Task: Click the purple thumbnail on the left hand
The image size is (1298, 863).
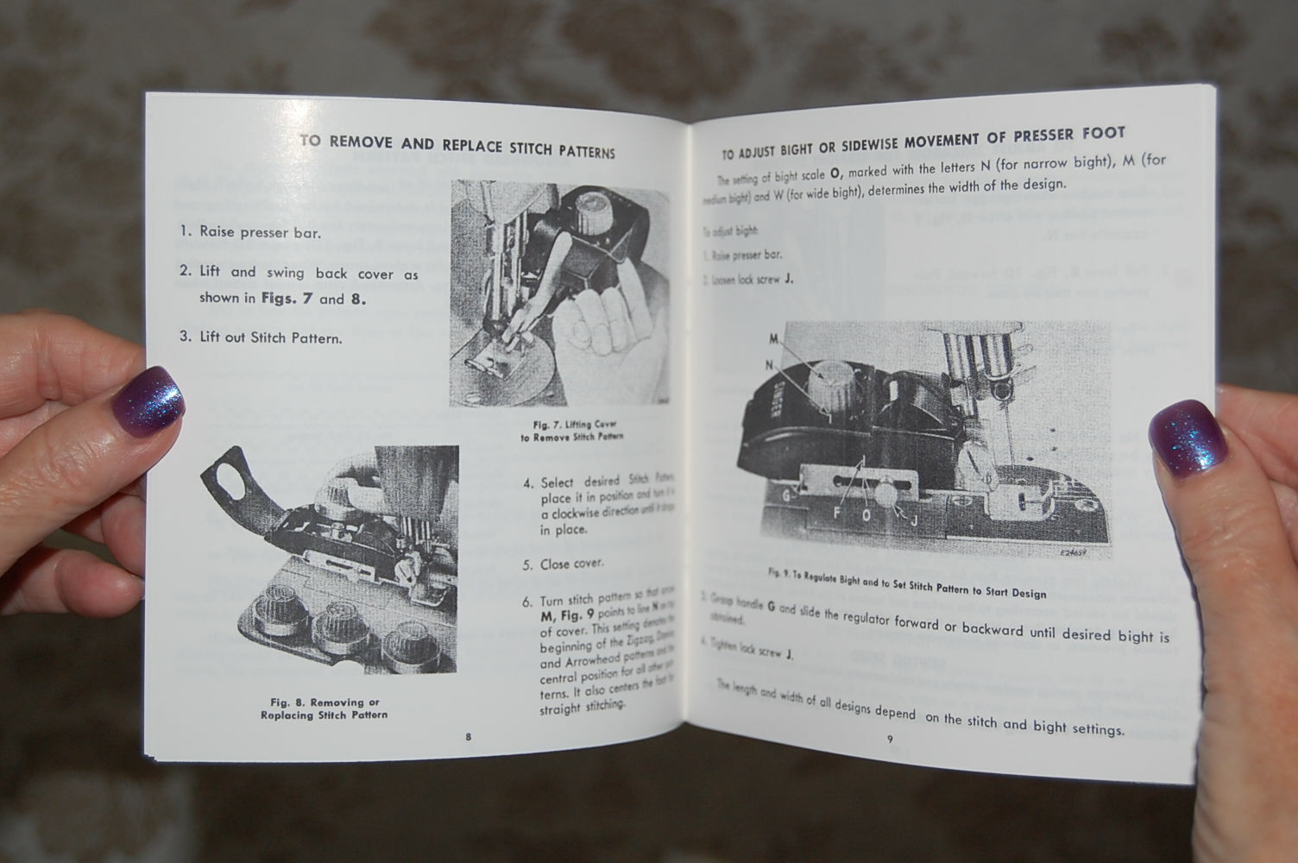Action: pyautogui.click(x=148, y=400)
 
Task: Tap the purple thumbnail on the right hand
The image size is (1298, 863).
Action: pyautogui.click(x=1188, y=438)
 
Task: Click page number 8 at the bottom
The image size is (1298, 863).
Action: pyautogui.click(x=468, y=736)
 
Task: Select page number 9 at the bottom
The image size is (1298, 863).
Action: pyautogui.click(x=890, y=739)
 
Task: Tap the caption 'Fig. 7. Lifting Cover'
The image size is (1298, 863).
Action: pyautogui.click(x=574, y=425)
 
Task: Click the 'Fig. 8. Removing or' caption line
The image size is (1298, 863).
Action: pyautogui.click(x=324, y=702)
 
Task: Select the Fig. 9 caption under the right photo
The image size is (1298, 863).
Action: pyautogui.click(x=906, y=583)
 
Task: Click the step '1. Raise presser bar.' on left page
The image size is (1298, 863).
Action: pyautogui.click(x=250, y=232)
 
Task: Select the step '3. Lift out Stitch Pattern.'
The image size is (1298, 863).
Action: pyautogui.click(x=261, y=337)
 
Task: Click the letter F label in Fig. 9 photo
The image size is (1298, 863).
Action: pyautogui.click(x=836, y=513)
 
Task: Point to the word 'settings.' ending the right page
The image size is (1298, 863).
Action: pyautogui.click(x=1098, y=730)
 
